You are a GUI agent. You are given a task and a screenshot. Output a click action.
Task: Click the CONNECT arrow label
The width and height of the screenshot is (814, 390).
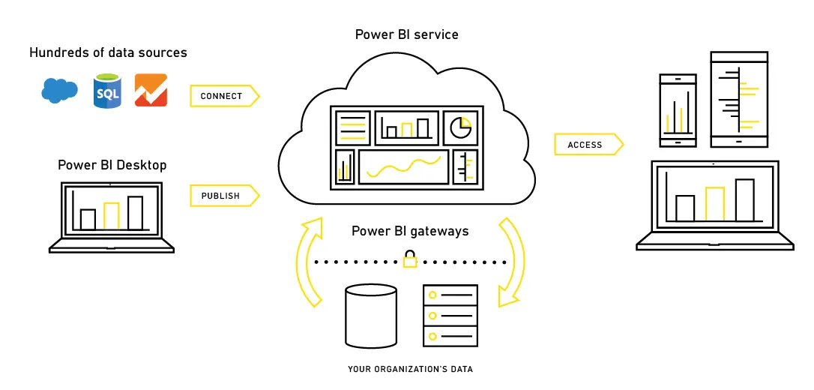223,96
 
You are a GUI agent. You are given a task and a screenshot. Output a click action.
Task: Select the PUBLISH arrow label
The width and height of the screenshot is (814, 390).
222,196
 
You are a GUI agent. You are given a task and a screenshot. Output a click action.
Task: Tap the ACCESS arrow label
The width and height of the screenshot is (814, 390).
586,145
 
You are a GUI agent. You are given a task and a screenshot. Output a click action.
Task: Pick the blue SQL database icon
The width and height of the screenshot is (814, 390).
107,91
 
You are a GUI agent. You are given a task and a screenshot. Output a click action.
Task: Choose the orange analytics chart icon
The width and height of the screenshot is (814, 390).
151,91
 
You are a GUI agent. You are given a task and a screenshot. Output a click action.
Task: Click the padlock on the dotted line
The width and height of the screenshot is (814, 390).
410,259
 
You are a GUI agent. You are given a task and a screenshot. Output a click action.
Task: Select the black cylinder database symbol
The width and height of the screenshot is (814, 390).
370,315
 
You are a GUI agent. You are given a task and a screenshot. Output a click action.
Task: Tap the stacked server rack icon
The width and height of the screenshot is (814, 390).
450,315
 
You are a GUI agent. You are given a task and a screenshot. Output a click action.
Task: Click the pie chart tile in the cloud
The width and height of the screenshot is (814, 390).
460,128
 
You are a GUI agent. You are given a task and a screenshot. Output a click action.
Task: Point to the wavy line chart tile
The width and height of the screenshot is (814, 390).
403,166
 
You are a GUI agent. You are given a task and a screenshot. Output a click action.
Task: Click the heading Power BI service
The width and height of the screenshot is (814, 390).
407,34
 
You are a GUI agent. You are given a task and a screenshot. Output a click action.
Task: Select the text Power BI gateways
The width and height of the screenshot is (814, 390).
410,231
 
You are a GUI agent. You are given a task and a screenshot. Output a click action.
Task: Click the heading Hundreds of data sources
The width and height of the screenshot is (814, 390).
108,52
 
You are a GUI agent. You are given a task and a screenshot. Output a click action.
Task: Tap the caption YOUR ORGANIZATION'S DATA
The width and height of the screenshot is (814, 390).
410,369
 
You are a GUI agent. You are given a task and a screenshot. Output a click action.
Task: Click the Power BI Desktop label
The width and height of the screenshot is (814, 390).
112,164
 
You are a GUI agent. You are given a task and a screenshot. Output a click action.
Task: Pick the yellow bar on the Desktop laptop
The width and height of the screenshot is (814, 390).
112,216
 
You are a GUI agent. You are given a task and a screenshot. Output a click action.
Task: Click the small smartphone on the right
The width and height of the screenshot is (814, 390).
678,111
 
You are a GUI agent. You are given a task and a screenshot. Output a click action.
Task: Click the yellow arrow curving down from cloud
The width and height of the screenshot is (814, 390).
511,262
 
